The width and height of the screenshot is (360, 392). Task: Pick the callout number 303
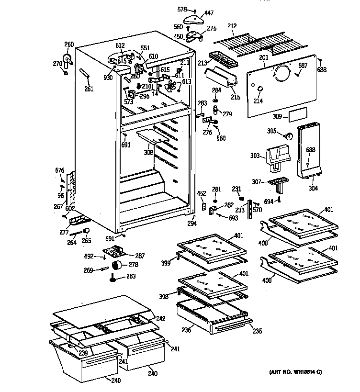coord(255,156)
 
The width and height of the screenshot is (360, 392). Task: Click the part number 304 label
coord(313,188)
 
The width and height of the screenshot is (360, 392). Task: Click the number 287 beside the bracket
coord(140,256)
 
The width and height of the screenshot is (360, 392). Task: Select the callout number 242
coord(160,318)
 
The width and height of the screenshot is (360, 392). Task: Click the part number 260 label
coord(69,45)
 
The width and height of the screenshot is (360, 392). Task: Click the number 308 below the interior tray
coord(149,153)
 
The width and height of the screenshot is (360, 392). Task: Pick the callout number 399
coord(166,263)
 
